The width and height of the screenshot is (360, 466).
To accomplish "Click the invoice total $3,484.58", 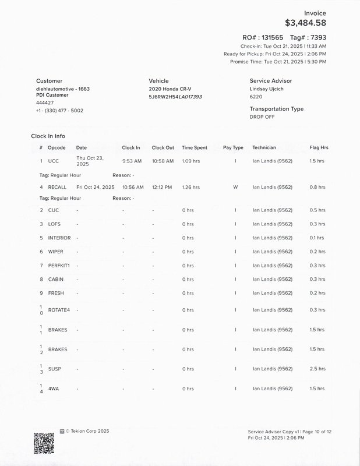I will pos(305,23).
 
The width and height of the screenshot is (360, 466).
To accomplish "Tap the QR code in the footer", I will pos(44,443).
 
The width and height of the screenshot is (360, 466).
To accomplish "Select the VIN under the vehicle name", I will pos(175,97).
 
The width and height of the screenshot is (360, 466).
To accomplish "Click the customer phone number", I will pos(59,110).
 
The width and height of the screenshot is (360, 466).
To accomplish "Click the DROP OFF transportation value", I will pos(262,116).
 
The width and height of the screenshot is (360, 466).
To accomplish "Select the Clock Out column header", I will pos(163,148).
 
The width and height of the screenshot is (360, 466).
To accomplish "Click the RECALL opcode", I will pos(57,188).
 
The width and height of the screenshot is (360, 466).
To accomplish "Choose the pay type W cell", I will pos(235,188).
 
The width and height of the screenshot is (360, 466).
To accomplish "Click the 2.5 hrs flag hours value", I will pos(317,369).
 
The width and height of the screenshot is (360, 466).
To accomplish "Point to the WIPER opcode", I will pos(56,252).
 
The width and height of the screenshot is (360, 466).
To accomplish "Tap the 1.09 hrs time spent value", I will pos(191,161).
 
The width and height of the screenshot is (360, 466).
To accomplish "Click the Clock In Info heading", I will pos(48,136).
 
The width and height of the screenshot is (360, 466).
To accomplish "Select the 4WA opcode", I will pos(54,389).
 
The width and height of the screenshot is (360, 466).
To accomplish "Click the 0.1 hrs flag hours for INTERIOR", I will pos(317,238).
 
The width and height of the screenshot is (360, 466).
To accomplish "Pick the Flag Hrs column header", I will pos(319,148).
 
